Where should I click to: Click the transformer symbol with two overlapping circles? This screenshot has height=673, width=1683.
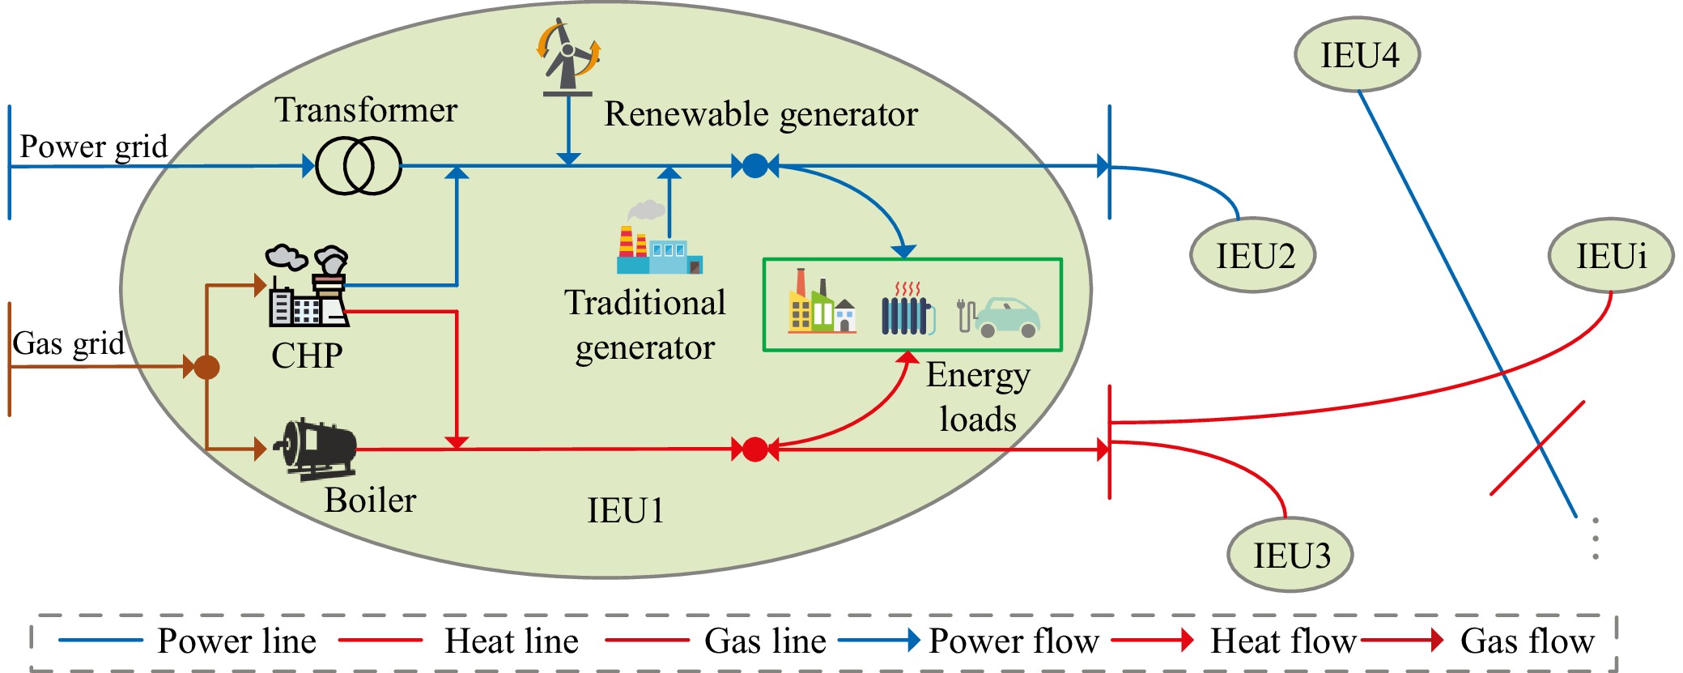359,165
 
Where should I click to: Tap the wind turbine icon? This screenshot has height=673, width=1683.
567,55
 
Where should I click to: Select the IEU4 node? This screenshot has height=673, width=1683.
1358,54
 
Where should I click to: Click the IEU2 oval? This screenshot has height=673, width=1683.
1253,255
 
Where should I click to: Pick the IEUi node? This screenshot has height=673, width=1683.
1610,256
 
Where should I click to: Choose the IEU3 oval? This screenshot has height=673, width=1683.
1290,556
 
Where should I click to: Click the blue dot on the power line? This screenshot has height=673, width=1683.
754,166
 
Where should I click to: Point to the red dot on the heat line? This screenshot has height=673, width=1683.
754,449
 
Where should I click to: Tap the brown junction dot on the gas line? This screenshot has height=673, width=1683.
207,367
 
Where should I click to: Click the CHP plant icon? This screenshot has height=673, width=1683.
308,287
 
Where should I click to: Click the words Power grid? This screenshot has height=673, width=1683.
93,147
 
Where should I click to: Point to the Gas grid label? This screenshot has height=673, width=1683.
69,343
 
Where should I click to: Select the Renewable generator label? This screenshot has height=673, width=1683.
761,114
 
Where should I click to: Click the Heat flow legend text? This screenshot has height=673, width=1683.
1282,641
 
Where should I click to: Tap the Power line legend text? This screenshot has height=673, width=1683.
236,641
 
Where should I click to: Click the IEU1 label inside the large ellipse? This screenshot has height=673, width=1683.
625,510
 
